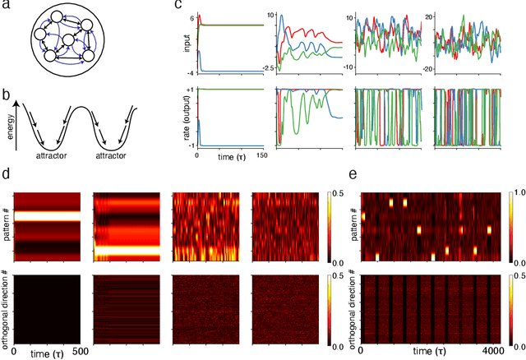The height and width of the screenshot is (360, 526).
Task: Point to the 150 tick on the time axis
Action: [x=261, y=155]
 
